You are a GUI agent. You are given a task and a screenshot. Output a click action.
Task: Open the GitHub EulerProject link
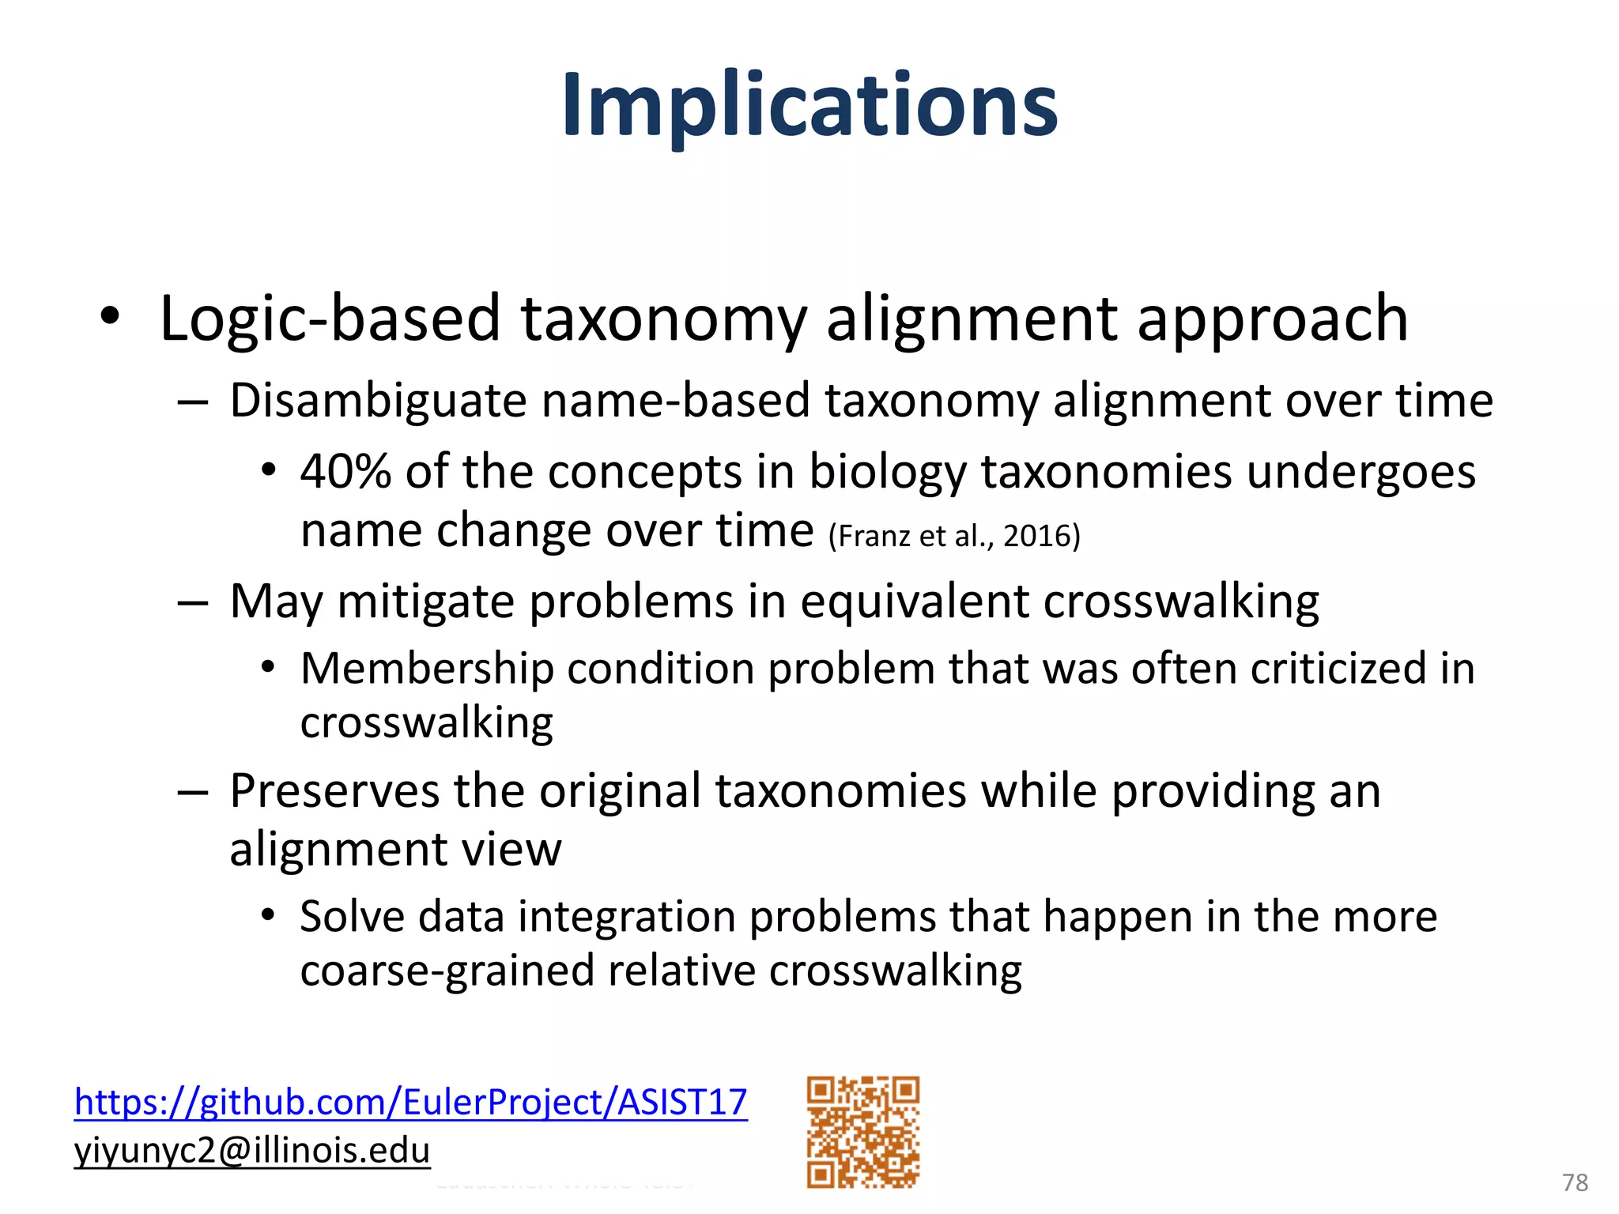pos(410,1102)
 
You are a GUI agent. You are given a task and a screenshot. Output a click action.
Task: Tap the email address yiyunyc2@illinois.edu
pos(252,1150)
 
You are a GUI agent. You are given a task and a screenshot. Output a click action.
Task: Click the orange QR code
pos(862,1131)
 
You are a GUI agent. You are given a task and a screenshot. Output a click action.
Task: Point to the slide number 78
pos(1575,1182)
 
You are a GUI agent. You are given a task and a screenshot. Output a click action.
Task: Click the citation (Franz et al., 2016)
pos(953,536)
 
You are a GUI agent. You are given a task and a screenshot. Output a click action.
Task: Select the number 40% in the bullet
pos(345,472)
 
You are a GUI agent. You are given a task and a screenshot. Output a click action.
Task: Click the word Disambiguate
pos(378,400)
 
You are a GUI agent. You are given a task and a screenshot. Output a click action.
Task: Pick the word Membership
pos(427,669)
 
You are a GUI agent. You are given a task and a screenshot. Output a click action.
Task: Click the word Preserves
pos(334,790)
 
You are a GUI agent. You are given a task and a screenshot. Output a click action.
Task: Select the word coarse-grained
pos(446,971)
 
